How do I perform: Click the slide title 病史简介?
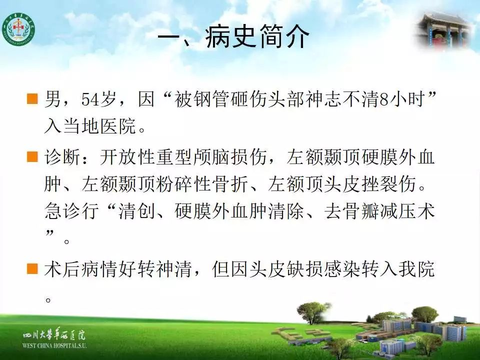[x=257, y=36]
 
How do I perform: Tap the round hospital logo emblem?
[x=18, y=29]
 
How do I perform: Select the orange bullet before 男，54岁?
[x=32, y=98]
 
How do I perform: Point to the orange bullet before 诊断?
[x=32, y=156]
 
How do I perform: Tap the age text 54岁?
[x=98, y=99]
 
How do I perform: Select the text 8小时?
[x=402, y=99]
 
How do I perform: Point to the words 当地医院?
[x=99, y=126]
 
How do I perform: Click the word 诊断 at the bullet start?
[x=62, y=156]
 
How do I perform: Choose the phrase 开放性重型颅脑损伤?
[x=183, y=156]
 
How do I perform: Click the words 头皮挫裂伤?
[x=369, y=184]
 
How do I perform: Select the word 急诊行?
[x=71, y=211]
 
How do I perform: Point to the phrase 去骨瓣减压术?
[x=379, y=211]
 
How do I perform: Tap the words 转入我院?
[x=397, y=269]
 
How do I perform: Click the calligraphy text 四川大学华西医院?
[x=54, y=335]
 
